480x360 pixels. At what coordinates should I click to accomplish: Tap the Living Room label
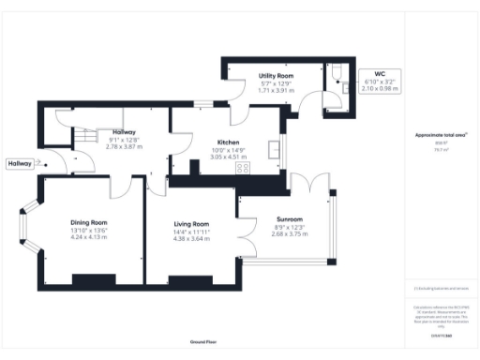click(190, 224)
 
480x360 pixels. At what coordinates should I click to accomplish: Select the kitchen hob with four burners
click(242, 168)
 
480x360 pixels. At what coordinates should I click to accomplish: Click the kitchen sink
click(274, 150)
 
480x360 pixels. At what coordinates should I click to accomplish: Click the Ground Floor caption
click(203, 342)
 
